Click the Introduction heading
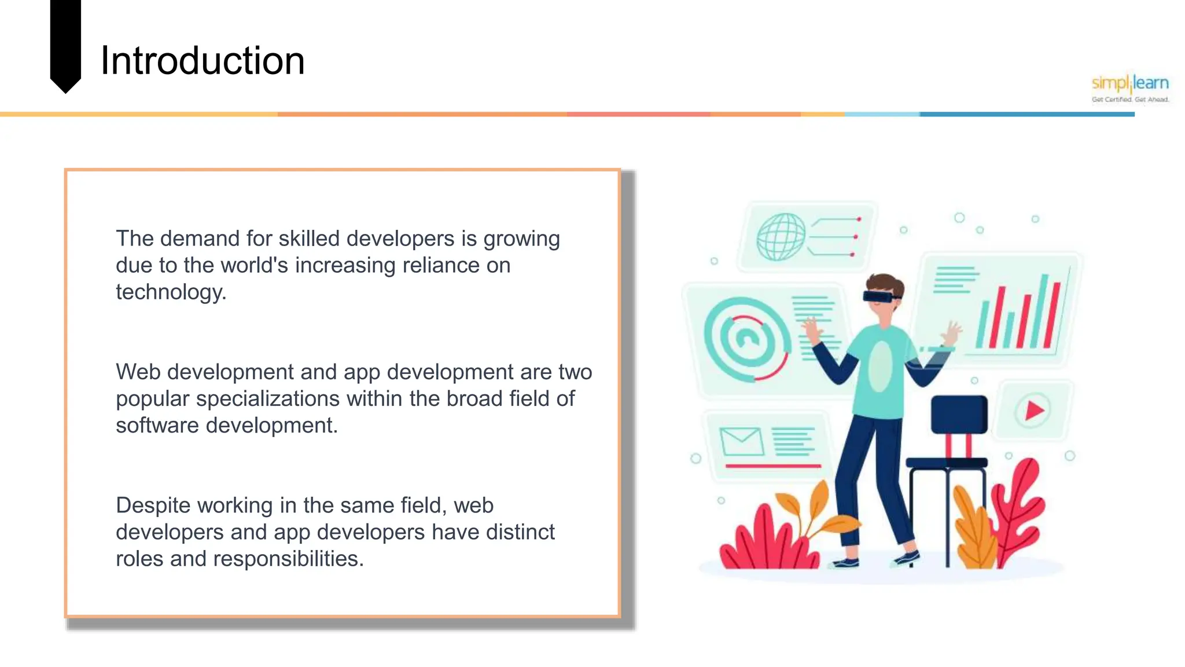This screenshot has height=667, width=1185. pos(202,61)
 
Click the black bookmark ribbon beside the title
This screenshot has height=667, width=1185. pos(65,43)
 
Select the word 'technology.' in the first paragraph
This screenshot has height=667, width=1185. pos(171,292)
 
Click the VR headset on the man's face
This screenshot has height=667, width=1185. pos(881,296)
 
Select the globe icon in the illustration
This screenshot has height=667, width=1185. pos(781,237)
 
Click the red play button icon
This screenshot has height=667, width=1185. pos(1033,411)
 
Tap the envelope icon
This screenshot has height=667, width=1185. pos(741,442)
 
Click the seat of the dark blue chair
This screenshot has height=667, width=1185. pos(947,462)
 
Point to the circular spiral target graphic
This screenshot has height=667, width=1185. pos(746,339)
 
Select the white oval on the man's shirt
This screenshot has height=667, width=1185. pos(881,366)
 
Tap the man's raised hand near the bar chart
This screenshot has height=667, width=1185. pos(951,334)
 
